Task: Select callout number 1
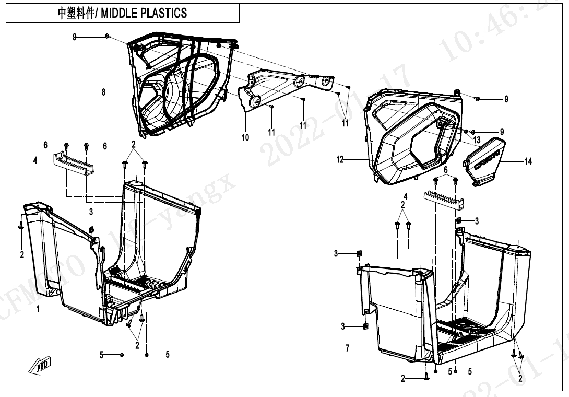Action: pos(38,309)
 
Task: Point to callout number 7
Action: pos(348,348)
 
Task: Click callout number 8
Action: pos(104,92)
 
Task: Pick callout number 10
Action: pos(245,137)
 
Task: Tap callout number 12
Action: pos(340,160)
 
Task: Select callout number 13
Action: pos(477,140)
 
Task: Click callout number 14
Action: pos(528,161)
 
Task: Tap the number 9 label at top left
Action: pos(75,37)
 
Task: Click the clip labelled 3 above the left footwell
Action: pos(91,229)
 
